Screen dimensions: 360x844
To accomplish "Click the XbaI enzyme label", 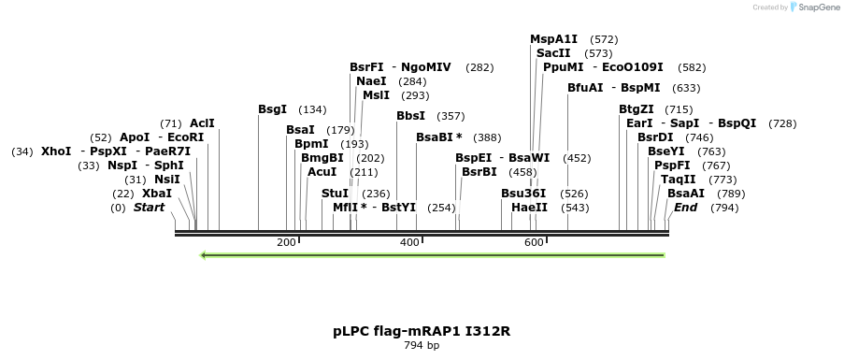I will pyautogui.click(x=157, y=194).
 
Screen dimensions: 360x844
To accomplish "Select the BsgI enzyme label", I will pyautogui.click(x=272, y=109).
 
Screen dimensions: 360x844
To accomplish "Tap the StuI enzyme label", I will pyautogui.click(x=335, y=194).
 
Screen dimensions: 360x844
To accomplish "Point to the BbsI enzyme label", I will pyautogui.click(x=410, y=116).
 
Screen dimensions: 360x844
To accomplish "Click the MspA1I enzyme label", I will pyautogui.click(x=554, y=39).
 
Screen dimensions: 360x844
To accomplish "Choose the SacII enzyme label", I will pyautogui.click(x=553, y=53).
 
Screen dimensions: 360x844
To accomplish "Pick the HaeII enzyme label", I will pyautogui.click(x=529, y=207).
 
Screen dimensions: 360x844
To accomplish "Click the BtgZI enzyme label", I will pyautogui.click(x=637, y=109).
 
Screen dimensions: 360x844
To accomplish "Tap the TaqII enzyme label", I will pyautogui.click(x=678, y=179).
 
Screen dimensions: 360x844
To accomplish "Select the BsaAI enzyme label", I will pyautogui.click(x=686, y=194).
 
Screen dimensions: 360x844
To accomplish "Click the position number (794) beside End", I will pyautogui.click(x=724, y=208).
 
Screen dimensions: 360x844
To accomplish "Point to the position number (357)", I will pyautogui.click(x=451, y=116).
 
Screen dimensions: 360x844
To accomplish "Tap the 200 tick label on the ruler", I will pyautogui.click(x=286, y=242).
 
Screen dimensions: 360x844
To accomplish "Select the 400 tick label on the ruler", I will pyautogui.click(x=409, y=242).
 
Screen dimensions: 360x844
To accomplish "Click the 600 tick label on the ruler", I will pyautogui.click(x=534, y=242).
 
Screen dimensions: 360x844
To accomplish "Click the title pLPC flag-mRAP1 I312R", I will pyautogui.click(x=422, y=331).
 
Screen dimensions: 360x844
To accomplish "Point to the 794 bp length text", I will pyautogui.click(x=422, y=346).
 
